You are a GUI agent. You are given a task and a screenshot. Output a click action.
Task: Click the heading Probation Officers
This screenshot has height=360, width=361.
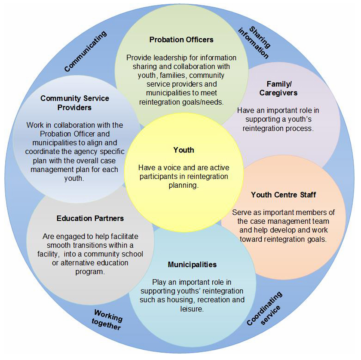[x=181, y=40]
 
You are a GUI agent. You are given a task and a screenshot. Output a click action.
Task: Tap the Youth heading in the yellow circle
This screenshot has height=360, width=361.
[x=184, y=150]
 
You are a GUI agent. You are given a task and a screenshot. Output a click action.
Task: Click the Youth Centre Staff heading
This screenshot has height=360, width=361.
[x=283, y=195]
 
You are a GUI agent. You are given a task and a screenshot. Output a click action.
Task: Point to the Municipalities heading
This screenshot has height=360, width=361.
[x=192, y=264]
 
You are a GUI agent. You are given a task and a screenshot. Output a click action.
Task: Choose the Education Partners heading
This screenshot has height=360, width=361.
[x=90, y=218]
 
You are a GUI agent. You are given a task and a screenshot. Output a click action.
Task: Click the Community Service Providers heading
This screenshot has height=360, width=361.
[x=74, y=103]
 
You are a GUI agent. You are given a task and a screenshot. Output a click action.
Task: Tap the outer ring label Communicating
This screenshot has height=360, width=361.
[x=86, y=52]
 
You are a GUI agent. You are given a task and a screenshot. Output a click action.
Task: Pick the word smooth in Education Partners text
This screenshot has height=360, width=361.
[x=54, y=245]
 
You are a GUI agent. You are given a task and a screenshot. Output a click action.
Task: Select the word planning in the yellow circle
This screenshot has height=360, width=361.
[x=183, y=185]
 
